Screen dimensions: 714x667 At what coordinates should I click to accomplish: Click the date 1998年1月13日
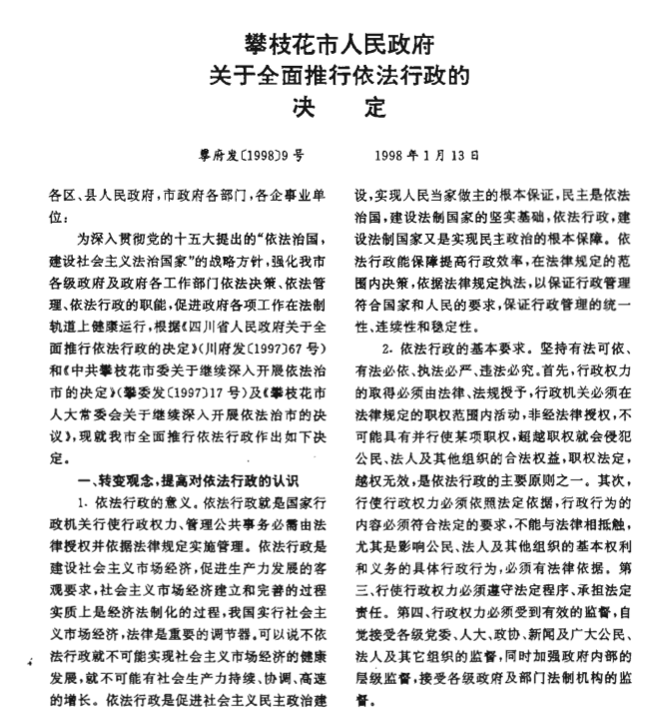click(427, 157)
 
